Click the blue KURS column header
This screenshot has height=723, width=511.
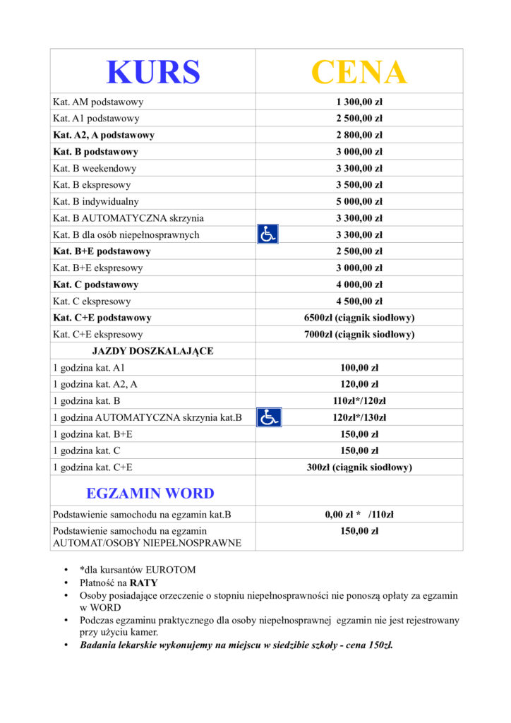click(152, 71)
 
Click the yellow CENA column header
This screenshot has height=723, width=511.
click(359, 71)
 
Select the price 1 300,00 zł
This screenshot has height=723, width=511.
click(359, 102)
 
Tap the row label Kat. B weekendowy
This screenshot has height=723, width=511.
click(95, 169)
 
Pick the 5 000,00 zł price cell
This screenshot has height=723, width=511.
click(359, 202)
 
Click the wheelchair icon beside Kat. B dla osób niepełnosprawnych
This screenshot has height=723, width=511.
click(267, 234)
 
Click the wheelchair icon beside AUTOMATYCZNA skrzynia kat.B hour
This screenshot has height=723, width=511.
click(269, 417)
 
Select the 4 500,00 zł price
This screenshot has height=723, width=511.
click(359, 301)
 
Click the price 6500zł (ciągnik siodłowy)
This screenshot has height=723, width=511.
click(359, 318)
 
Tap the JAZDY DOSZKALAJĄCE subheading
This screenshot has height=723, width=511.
click(152, 351)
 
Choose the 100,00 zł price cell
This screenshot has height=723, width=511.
click(359, 368)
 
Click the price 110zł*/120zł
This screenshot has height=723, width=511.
click(359, 401)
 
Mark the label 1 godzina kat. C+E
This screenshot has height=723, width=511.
click(93, 467)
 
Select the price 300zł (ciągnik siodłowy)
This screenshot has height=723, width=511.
click(359, 467)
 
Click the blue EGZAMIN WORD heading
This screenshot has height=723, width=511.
click(150, 493)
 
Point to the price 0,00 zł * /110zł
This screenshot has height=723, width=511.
click(359, 515)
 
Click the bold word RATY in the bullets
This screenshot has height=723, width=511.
click(143, 582)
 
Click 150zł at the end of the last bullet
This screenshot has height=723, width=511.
click(377, 645)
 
